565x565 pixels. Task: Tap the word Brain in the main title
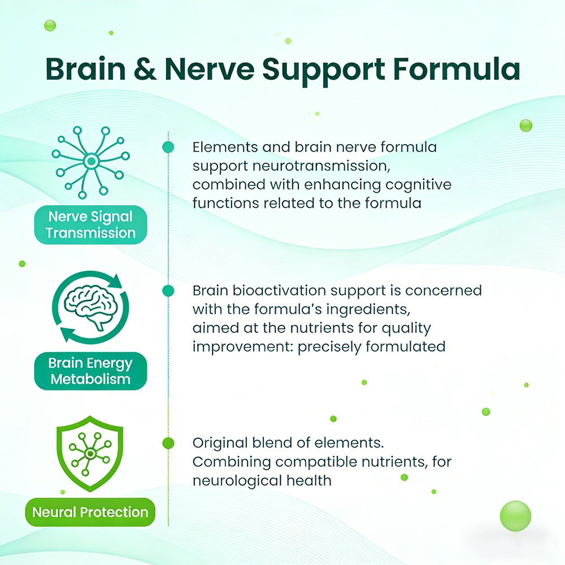(86, 68)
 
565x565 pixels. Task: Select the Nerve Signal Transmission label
(91, 225)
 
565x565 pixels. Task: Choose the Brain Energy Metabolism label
(90, 371)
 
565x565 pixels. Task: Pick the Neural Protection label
(90, 512)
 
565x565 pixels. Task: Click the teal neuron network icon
(90, 163)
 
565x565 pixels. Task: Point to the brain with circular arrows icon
(90, 307)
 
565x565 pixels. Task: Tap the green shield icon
(90, 453)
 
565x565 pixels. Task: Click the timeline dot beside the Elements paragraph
(168, 147)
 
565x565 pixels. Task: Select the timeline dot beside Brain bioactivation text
(168, 290)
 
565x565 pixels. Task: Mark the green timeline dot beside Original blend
(168, 443)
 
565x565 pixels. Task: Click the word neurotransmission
(321, 166)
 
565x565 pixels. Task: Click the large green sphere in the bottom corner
(515, 516)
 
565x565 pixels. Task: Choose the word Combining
(231, 462)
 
